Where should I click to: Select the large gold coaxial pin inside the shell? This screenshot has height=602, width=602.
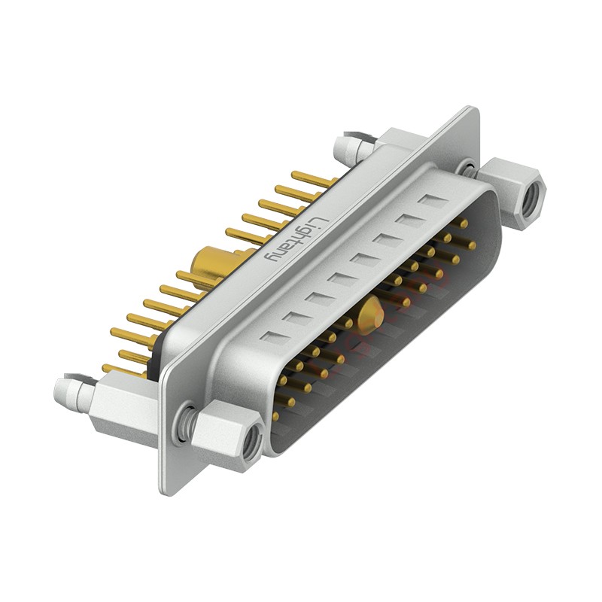pyautogui.click(x=369, y=315)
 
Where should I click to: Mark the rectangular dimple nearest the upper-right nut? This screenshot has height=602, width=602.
pyautogui.click(x=433, y=202)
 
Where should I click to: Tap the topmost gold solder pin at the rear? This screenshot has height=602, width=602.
pyautogui.click(x=312, y=179)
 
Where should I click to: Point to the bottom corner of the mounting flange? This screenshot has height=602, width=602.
pyautogui.click(x=167, y=489)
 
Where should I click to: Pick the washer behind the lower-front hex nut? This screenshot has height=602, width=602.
pyautogui.click(x=187, y=423)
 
